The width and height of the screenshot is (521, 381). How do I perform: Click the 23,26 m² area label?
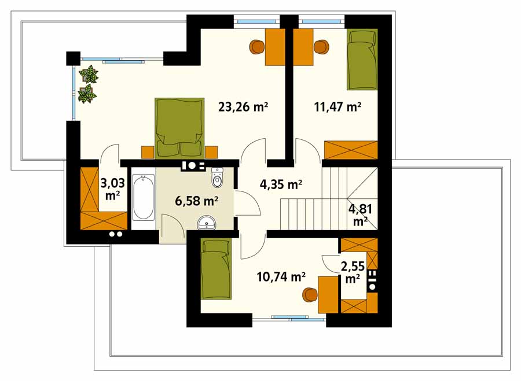243,107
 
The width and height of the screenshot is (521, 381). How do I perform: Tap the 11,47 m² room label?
337,107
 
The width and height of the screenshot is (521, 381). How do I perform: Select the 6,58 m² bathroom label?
196,201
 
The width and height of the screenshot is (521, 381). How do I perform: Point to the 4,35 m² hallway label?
281,184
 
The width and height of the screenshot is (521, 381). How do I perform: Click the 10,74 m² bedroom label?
281,276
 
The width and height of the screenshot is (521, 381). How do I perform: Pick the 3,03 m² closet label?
113,188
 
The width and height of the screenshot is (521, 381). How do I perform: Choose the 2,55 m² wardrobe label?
353,272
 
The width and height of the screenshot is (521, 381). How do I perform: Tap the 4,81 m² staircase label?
360,214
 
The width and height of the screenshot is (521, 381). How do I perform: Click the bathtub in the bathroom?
143,198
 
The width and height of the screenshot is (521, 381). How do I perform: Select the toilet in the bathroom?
217,177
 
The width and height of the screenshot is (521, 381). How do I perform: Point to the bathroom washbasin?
207,223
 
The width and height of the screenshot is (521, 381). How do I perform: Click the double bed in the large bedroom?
180,127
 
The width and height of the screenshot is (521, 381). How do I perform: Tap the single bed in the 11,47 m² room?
362,60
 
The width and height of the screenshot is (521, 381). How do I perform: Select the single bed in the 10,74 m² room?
215,269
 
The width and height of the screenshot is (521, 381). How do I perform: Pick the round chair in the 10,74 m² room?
310,294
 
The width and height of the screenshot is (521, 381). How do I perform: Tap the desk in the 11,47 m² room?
303,47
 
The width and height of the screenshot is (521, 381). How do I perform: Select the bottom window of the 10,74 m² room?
289,319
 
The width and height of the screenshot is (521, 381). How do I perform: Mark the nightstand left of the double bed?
148,152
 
